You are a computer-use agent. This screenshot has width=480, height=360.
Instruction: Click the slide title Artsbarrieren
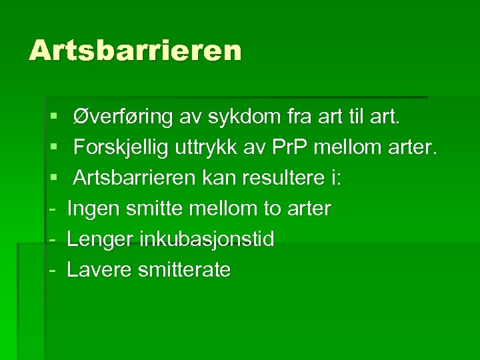[135, 51]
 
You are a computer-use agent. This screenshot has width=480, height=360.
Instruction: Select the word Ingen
[91, 209]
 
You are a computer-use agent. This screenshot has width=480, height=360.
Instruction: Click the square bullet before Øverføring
[53, 119]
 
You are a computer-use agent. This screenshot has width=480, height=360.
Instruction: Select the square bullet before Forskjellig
[53, 149]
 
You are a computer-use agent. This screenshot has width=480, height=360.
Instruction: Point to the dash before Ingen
[53, 209]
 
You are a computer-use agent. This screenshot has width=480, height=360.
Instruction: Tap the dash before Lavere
[53, 270]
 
